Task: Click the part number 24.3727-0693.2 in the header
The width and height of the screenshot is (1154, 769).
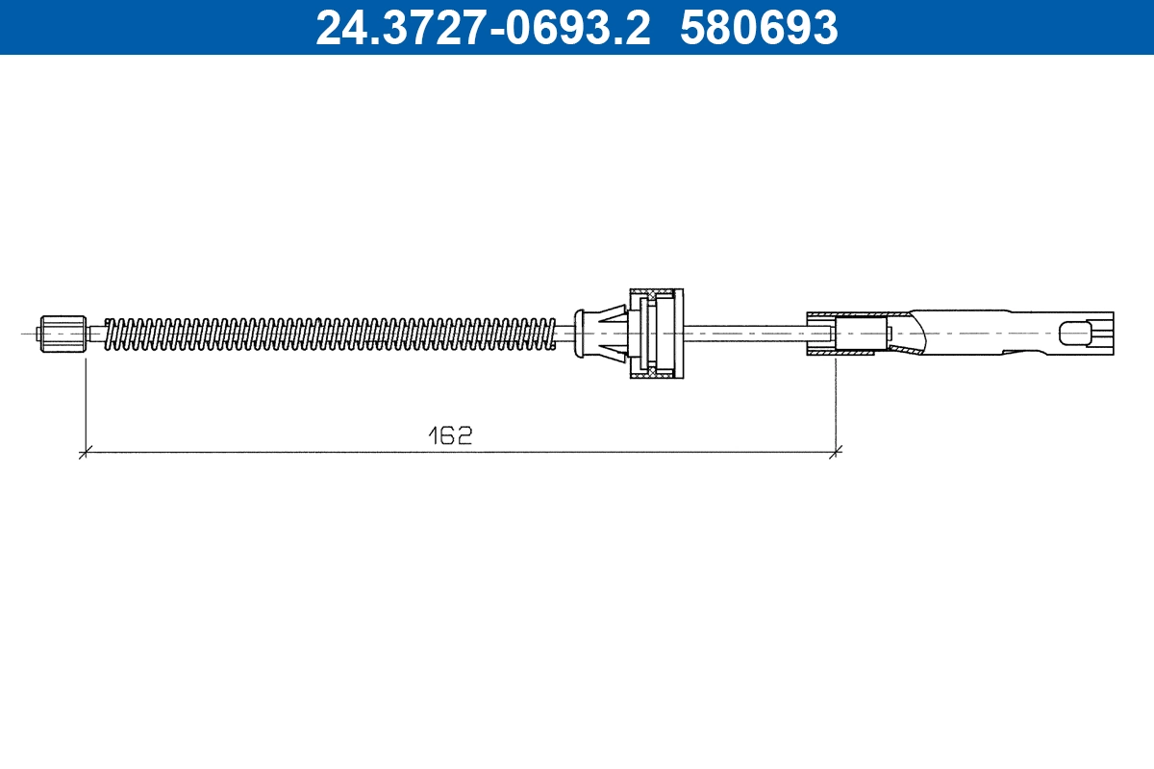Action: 484,27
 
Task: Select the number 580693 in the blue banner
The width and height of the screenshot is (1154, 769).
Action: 759,27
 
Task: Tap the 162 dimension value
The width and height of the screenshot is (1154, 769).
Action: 451,435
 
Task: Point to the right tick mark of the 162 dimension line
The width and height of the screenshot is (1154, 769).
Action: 836,450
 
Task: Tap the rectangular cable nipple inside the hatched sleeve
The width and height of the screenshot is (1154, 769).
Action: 861,334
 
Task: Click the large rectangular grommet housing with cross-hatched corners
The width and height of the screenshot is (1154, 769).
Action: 656,334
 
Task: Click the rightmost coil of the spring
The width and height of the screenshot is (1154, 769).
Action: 551,333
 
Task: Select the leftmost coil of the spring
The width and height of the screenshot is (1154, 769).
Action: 109,334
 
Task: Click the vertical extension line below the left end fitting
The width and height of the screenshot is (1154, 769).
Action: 86,404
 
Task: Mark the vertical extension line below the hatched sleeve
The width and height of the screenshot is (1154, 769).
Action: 836,404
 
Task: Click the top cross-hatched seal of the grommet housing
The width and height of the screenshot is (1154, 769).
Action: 656,292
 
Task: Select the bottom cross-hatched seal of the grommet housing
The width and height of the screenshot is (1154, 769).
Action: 656,374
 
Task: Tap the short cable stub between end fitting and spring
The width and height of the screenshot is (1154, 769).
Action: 94,334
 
